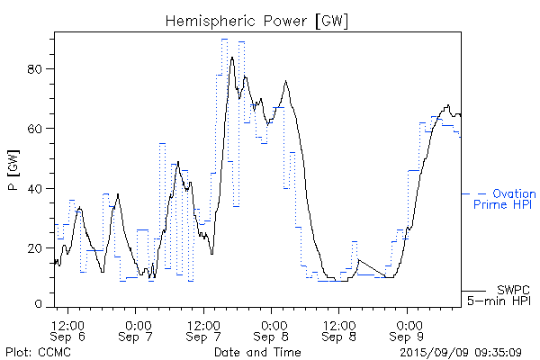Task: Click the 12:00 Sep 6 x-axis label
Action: (x=68, y=329)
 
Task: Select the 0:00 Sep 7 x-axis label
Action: (x=137, y=329)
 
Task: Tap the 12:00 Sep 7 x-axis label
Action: (x=204, y=329)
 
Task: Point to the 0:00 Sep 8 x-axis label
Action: (x=273, y=329)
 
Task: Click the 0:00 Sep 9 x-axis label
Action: (x=408, y=329)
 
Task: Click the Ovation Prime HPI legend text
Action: (x=504, y=199)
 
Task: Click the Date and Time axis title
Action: (x=257, y=351)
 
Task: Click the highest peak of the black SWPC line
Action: (x=232, y=58)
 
